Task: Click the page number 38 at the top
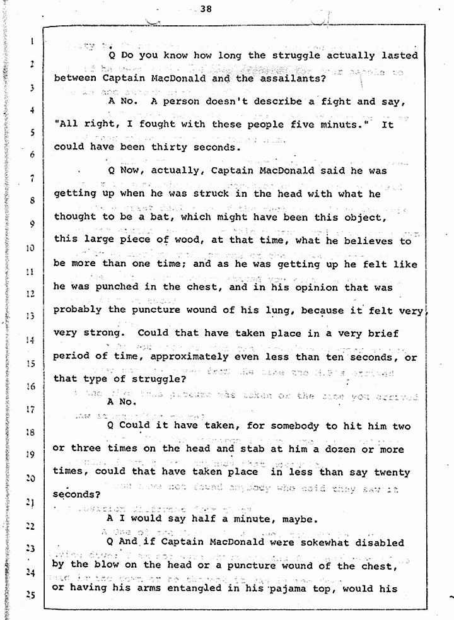(x=204, y=9)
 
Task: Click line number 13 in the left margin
(x=29, y=316)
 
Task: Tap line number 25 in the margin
(x=29, y=595)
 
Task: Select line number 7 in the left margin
(x=30, y=178)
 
